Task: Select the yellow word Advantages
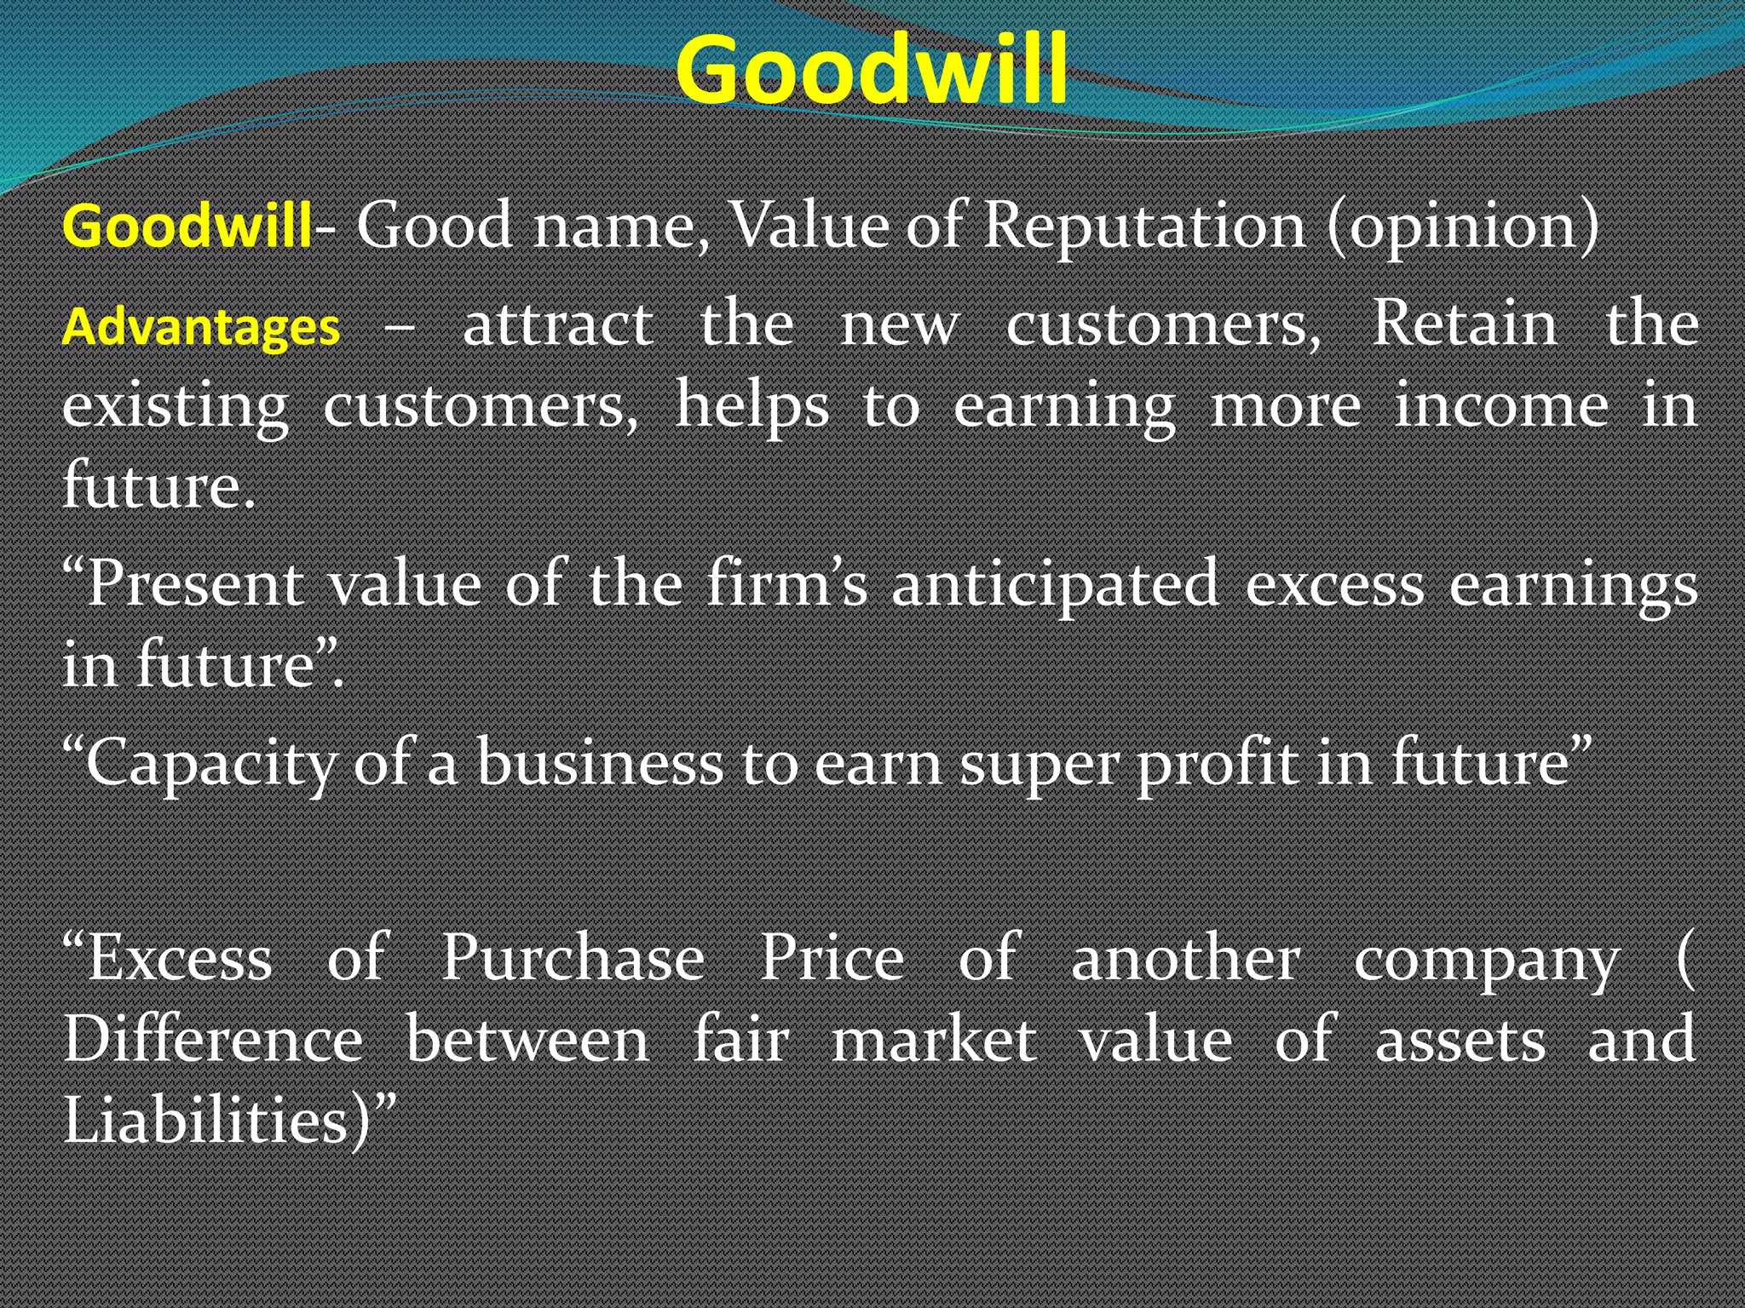tap(201, 327)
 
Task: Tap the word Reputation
tap(1143, 227)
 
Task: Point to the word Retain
tap(1465, 324)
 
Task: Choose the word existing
tap(176, 407)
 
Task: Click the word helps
tap(752, 407)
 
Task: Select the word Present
tap(194, 584)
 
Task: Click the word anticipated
tap(1055, 586)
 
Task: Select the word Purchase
tap(573, 957)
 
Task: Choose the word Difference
tap(213, 1039)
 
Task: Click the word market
tap(934, 1039)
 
